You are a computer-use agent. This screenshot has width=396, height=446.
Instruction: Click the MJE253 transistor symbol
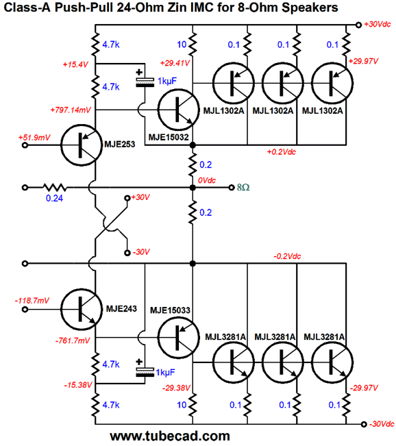pyautogui.click(x=82, y=145)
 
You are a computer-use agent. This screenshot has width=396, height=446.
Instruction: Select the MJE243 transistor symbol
pyautogui.click(x=82, y=309)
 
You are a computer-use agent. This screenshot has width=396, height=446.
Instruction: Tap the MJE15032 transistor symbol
pyautogui.click(x=178, y=110)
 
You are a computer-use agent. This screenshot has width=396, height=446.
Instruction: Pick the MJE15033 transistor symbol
pyautogui.click(x=178, y=338)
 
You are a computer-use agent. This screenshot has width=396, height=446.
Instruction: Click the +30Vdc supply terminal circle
pyautogui.click(x=359, y=25)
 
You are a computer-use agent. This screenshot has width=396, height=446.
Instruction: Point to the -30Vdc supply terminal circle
pyautogui.click(x=364, y=424)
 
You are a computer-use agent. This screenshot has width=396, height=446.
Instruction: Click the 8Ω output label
pyautogui.click(x=243, y=188)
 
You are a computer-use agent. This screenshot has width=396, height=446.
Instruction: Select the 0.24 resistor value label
pyautogui.click(x=54, y=198)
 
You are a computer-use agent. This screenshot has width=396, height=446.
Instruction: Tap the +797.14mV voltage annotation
pyautogui.click(x=71, y=110)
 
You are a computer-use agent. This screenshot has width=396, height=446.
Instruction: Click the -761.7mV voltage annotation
pyautogui.click(x=73, y=340)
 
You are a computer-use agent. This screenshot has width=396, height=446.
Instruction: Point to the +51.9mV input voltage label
pyautogui.click(x=34, y=138)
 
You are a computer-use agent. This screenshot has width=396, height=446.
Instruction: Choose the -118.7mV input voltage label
pyautogui.click(x=32, y=301)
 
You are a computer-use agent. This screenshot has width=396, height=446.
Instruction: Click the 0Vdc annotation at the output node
pyautogui.click(x=207, y=180)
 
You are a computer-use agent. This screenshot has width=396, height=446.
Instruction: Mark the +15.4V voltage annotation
pyautogui.click(x=75, y=64)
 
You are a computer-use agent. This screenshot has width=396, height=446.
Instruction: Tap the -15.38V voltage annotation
pyautogui.click(x=78, y=385)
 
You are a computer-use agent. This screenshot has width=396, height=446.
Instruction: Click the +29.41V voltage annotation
pyautogui.click(x=175, y=63)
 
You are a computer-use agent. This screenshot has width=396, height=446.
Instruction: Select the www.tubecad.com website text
pyautogui.click(x=170, y=436)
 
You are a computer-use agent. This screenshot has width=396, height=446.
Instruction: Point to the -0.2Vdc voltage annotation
pyautogui.click(x=287, y=256)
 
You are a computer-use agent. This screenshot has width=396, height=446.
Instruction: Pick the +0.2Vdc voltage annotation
pyautogui.click(x=282, y=152)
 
